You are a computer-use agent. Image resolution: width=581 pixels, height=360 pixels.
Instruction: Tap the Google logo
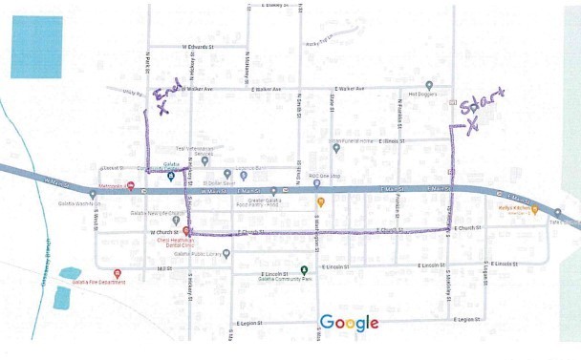point(349,322)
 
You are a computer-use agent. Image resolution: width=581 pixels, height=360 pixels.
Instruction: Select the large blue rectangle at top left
point(36,47)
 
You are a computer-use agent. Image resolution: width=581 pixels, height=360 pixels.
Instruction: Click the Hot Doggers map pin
point(429,84)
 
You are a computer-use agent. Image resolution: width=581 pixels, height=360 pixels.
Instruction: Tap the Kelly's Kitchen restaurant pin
point(533,209)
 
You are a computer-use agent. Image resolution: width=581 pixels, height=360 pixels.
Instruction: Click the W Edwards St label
point(201,46)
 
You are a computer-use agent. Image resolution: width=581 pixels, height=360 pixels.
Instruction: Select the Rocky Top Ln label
point(320,44)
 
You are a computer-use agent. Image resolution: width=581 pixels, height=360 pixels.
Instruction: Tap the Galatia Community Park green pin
point(304,269)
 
